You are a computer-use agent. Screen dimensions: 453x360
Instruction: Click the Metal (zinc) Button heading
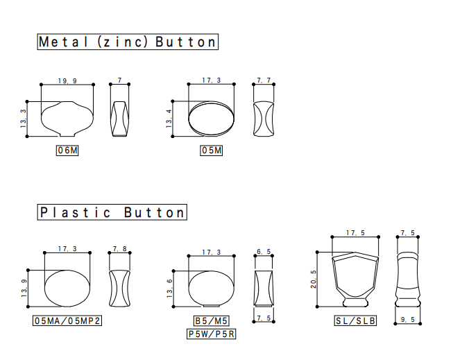coord(128,42)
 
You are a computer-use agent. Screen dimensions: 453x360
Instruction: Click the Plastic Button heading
coord(112,212)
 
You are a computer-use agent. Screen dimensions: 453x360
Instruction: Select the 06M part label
coord(67,151)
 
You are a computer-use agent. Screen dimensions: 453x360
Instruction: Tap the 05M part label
coord(211,151)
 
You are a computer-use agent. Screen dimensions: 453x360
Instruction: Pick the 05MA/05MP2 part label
coord(67,320)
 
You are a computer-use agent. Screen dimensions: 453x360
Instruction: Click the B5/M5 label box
coord(211,320)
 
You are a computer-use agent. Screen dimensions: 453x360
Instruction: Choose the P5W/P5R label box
coord(211,334)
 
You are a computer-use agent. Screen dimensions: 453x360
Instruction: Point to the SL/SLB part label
coord(355,320)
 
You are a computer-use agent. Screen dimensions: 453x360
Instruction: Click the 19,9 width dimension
coord(67,81)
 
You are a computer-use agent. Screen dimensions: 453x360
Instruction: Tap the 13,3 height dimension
coord(23,119)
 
